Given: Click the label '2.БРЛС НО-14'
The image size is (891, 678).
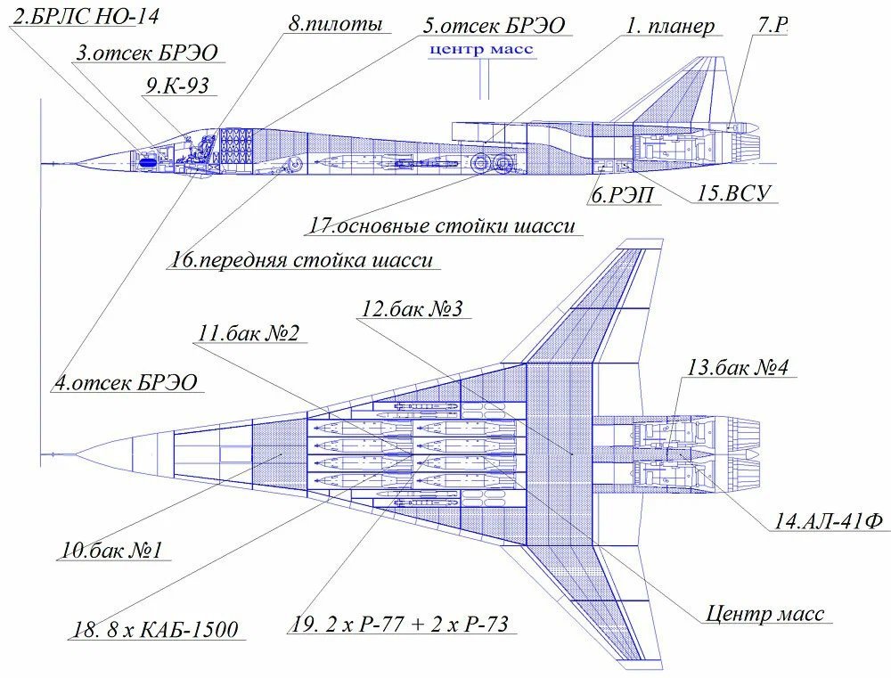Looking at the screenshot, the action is click(86, 15).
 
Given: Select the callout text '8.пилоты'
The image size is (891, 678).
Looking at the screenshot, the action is click(335, 23).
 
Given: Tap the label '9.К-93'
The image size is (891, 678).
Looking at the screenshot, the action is click(178, 86).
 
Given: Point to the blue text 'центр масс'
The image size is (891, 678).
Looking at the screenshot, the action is click(481, 49).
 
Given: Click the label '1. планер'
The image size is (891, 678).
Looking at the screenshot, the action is click(670, 26).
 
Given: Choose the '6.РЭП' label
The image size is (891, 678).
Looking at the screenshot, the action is click(622, 195).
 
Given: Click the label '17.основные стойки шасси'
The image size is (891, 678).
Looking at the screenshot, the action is click(442, 225).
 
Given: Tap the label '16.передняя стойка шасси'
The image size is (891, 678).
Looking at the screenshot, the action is click(302, 260).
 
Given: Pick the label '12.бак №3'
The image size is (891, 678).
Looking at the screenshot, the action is click(413, 308).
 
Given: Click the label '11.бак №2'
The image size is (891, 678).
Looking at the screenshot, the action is click(248, 332).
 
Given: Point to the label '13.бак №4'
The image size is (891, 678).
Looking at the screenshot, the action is click(738, 367).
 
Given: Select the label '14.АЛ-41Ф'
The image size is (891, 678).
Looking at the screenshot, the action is click(829, 521).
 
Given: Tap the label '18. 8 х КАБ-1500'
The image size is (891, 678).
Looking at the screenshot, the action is click(155, 629).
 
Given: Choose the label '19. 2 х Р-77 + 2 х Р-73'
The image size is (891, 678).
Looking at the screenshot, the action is click(399, 624).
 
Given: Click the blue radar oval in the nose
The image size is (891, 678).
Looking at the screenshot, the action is click(147, 162).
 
